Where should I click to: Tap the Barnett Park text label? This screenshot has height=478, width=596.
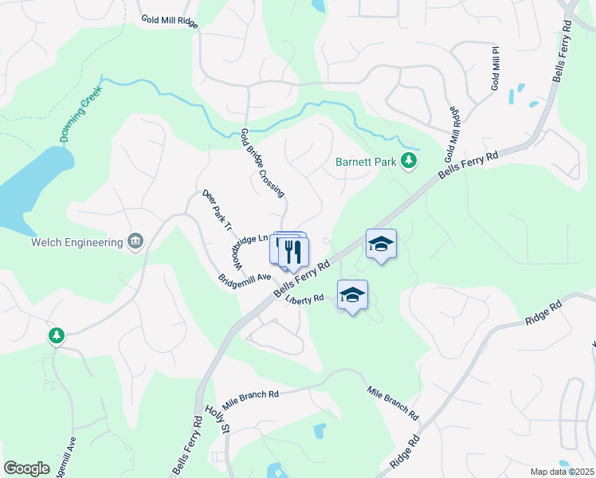366,162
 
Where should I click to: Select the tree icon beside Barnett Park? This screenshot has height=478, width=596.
409,162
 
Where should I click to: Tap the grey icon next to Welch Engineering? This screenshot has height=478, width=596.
135,241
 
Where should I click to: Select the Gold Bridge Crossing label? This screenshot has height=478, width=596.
262,163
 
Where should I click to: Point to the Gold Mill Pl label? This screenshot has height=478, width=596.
495,68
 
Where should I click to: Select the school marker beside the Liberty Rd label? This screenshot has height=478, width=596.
352,296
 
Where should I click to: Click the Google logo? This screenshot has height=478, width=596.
26,468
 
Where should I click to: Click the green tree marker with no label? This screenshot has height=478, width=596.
56,336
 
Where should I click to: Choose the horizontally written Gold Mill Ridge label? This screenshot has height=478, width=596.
169,20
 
